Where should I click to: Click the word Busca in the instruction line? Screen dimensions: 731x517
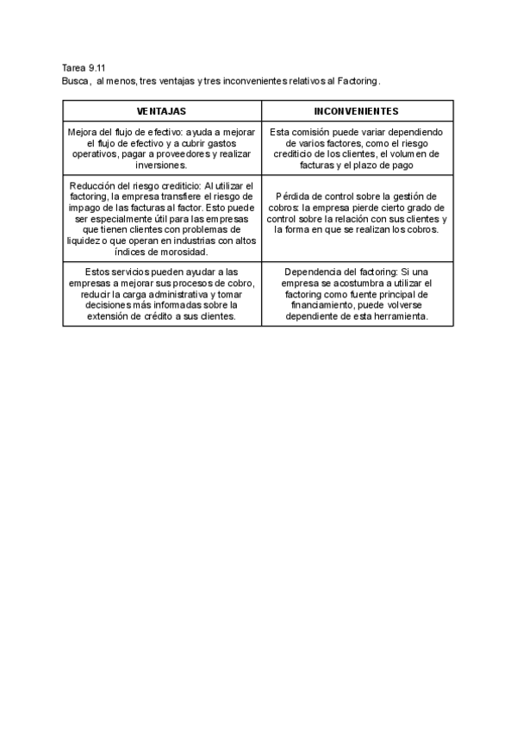click(x=76, y=80)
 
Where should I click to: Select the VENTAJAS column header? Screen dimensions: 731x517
click(x=162, y=111)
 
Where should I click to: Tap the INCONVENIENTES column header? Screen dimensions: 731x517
click(x=356, y=111)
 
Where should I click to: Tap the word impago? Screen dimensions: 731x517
click(x=91, y=208)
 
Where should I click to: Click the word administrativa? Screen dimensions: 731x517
click(x=163, y=295)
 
